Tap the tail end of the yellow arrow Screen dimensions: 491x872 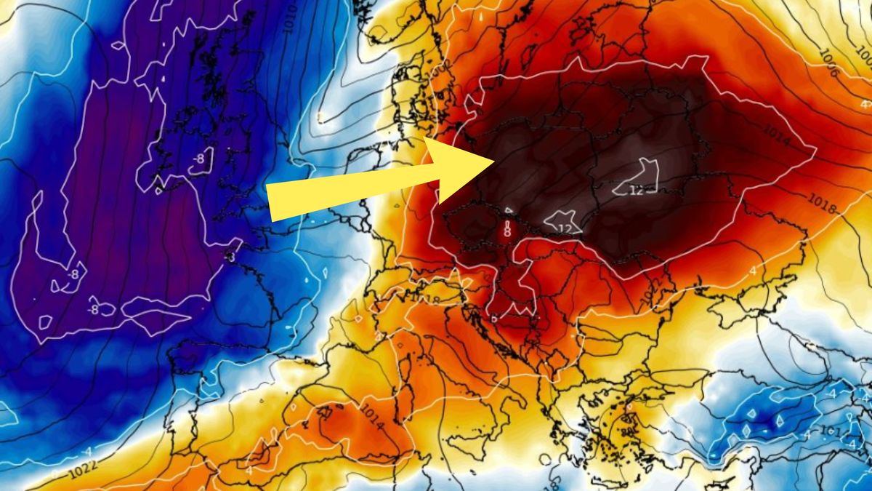270,203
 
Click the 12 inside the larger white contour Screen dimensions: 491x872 637,191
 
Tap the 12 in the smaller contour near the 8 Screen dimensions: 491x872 565,228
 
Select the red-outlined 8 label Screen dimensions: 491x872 507,232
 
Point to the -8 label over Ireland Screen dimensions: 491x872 198,159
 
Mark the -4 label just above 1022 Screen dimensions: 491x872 87,452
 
